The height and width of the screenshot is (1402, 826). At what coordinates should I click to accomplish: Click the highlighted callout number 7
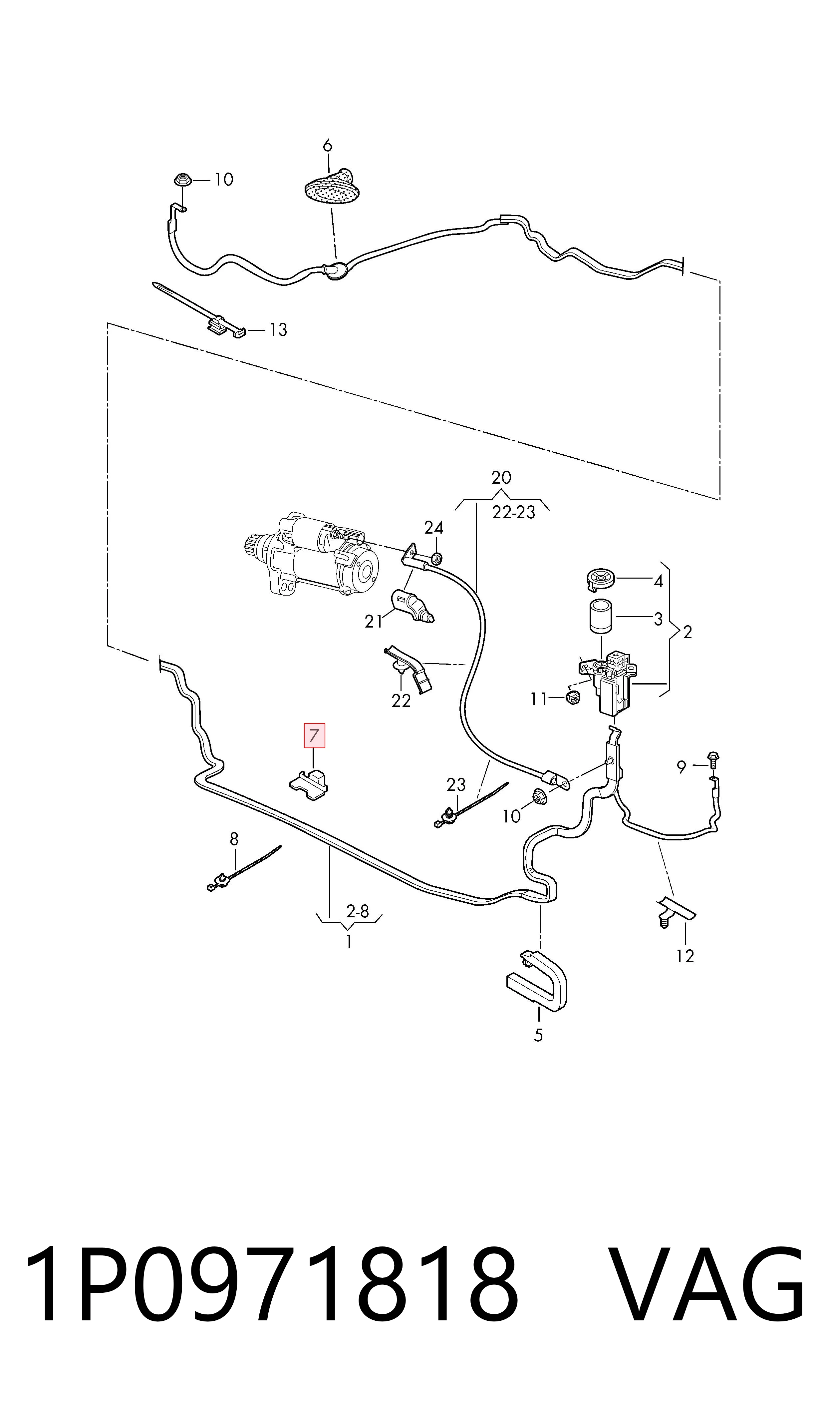(x=314, y=735)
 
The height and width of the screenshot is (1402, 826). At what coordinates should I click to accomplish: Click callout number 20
(x=501, y=477)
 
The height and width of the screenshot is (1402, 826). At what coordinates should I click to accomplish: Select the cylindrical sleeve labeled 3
(x=601, y=617)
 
